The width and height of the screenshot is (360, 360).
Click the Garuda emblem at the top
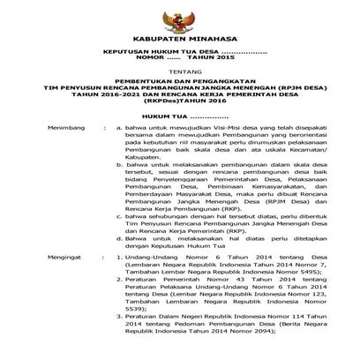179,19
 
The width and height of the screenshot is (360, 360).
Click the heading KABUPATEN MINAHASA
179,41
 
